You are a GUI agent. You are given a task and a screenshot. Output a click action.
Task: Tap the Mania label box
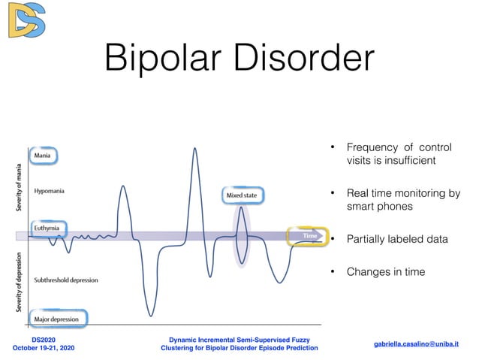coord(42,156)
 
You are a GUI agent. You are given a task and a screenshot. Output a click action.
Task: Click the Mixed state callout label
coord(242,196)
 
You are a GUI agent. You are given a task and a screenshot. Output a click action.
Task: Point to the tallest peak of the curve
coord(195,149)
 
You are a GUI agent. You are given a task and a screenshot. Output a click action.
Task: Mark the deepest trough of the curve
coord(150,314)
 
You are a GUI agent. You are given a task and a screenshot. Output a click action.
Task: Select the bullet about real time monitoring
coord(402,199)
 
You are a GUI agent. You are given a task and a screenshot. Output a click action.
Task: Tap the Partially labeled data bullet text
coord(397,240)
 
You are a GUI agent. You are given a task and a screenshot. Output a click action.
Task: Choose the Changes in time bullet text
coord(385,271)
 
